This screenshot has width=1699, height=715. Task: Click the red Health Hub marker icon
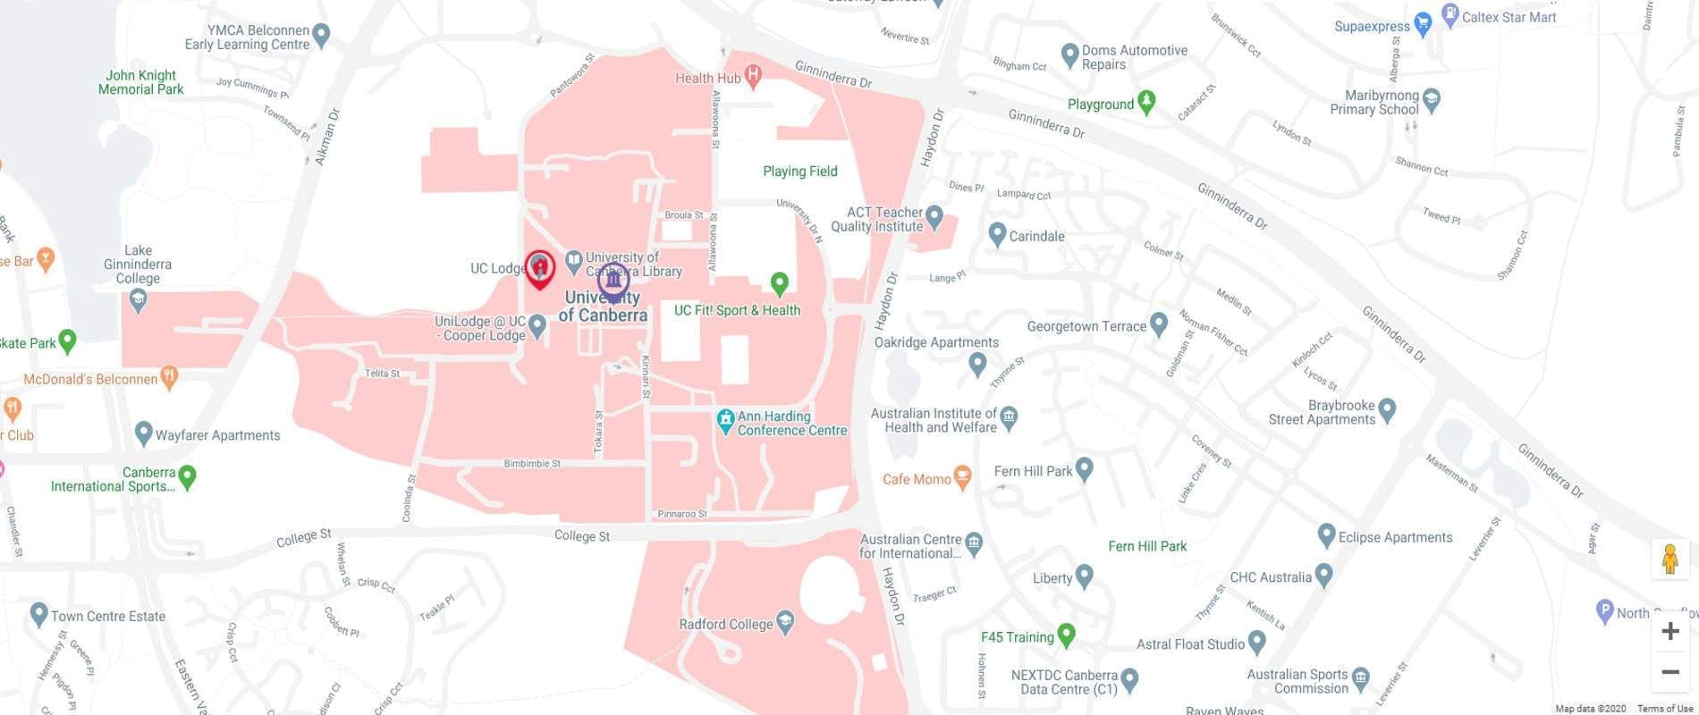click(x=753, y=76)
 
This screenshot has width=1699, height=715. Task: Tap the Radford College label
click(x=725, y=625)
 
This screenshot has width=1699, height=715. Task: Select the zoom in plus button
click(x=1669, y=632)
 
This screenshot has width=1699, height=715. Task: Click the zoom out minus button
click(x=1669, y=672)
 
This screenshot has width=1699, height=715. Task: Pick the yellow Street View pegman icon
click(x=1669, y=559)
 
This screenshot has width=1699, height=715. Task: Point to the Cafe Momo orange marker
click(x=962, y=476)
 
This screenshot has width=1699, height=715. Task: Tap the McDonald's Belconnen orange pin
click(x=169, y=376)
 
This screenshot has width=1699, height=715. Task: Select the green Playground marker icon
click(x=1146, y=102)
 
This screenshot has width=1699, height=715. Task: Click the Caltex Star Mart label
click(x=1509, y=17)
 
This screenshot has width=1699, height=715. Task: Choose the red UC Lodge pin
click(x=539, y=267)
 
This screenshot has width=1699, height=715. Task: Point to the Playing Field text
click(x=799, y=172)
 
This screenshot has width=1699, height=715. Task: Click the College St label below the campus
click(x=581, y=536)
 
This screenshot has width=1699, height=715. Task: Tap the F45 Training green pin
click(x=1065, y=635)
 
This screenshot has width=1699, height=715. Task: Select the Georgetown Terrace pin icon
click(x=1159, y=324)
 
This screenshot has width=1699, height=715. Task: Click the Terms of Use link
click(x=1664, y=709)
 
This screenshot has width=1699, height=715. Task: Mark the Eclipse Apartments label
click(x=1395, y=537)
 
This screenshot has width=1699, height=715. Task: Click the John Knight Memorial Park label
click(x=140, y=82)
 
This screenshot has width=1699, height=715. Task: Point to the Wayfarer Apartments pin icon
click(x=143, y=433)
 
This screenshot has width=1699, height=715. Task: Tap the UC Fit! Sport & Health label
click(x=737, y=310)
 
